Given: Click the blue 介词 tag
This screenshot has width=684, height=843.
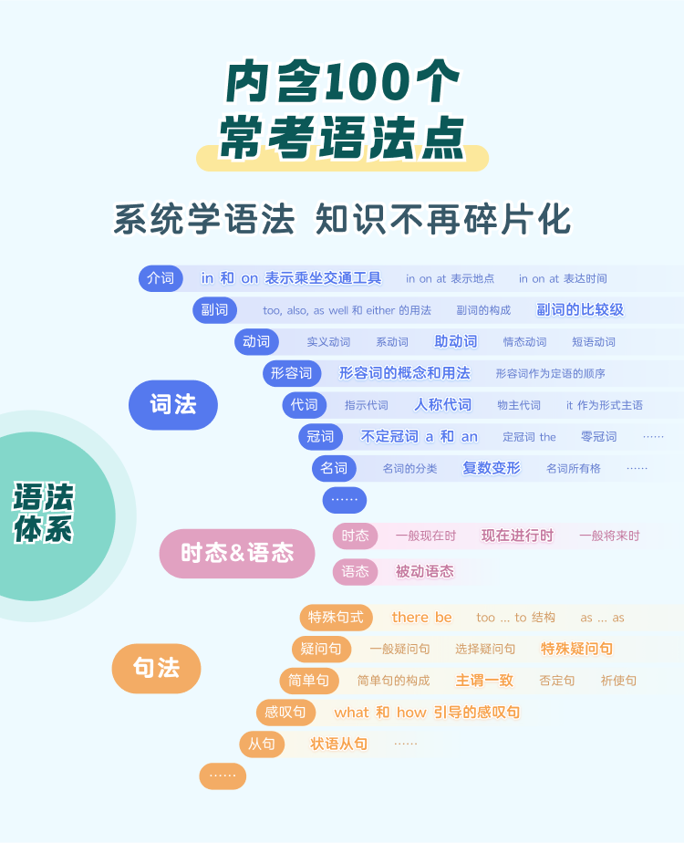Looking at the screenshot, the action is click(161, 278).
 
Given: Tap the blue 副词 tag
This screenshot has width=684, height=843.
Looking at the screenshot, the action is click(214, 310).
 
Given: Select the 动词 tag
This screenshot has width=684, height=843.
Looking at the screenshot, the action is click(256, 342).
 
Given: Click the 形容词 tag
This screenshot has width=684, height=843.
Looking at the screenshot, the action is click(292, 373).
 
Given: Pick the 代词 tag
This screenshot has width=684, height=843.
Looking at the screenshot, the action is click(304, 405).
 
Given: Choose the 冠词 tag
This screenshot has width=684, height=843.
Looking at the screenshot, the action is click(320, 437).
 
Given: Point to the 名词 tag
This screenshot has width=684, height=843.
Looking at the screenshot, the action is click(334, 469).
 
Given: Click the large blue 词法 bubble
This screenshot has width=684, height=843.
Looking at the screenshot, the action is click(172, 405).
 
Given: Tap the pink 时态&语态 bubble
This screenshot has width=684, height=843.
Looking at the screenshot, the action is click(237, 553).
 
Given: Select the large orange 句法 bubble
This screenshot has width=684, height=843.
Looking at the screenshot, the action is click(156, 668).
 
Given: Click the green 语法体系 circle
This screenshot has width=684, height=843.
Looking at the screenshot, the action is click(46, 515).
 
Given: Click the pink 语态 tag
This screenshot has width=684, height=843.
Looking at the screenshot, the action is click(355, 572).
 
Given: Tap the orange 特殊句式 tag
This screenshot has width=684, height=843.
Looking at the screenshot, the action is click(336, 618).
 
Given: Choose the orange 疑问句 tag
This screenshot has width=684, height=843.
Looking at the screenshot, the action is click(322, 650).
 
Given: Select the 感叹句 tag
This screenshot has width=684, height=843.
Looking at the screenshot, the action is click(286, 713).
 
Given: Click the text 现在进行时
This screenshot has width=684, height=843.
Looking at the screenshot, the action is click(517, 536).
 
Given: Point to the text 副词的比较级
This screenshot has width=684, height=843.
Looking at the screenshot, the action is click(580, 310).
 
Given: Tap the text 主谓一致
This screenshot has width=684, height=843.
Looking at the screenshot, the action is click(484, 681).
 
